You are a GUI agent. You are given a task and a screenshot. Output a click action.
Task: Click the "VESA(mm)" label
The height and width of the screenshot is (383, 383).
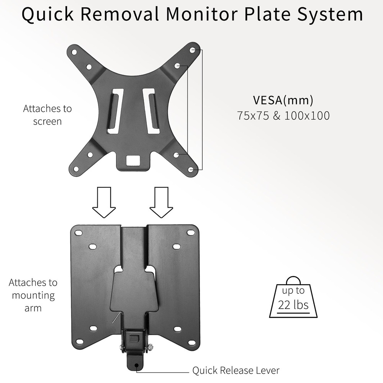pyautogui.click(x=283, y=100)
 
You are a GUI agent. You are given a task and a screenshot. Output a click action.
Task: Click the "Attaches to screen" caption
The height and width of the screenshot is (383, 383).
pyautogui.click(x=47, y=115)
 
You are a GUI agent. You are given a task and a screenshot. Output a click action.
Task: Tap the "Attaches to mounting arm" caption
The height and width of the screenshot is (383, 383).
pyautogui.click(x=33, y=295)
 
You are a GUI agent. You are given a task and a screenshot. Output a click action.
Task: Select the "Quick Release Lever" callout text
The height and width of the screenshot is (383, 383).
pyautogui.click(x=236, y=370)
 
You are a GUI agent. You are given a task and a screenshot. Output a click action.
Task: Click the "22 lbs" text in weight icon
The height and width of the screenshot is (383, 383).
pyautogui.click(x=293, y=306)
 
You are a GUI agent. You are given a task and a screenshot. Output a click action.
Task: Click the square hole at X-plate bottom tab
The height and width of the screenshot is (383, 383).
pyautogui.click(x=133, y=159)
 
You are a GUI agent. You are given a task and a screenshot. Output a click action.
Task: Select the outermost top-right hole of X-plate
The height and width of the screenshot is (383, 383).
pyautogui.click(x=193, y=51)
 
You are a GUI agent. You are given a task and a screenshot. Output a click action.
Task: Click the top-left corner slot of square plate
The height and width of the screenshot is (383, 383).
pyautogui.click(x=79, y=232)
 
